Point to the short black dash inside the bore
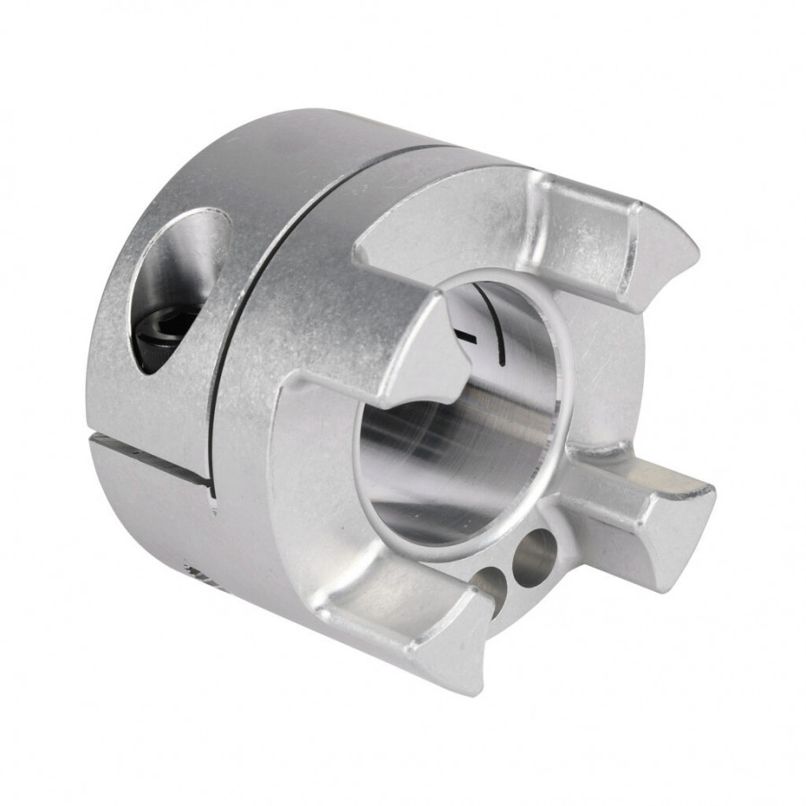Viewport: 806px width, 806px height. [467, 336]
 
